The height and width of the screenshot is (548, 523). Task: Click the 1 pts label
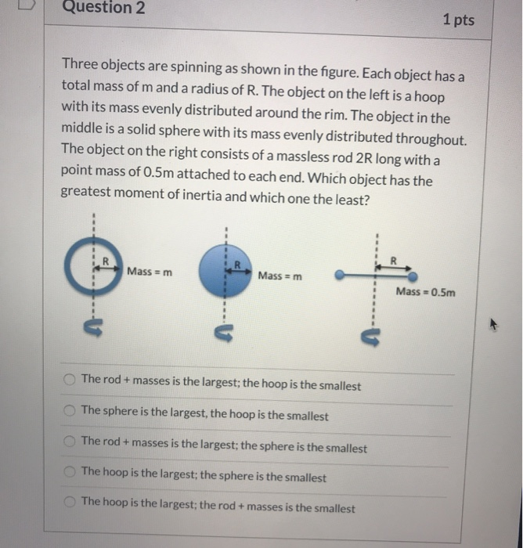point(458,20)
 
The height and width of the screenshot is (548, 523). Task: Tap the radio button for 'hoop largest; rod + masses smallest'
point(70,503)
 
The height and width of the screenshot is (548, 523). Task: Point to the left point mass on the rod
point(340,276)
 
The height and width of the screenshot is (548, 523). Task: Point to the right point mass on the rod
point(412,276)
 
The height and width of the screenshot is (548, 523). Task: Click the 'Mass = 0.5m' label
point(424,292)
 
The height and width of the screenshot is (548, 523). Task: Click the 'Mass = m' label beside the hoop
point(150,271)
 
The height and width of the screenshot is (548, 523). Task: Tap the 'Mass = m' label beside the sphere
point(280,276)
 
